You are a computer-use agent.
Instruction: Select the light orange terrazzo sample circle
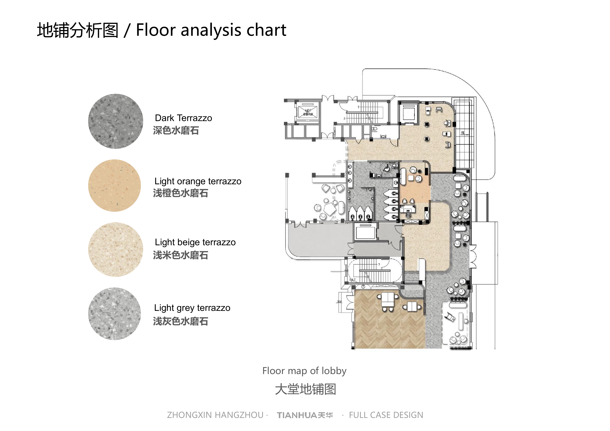coord(115,185)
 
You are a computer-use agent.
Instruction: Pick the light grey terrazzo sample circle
coord(115,314)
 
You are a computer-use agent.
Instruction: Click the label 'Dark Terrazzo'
coord(183,118)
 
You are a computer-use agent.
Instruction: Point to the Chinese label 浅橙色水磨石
coord(180,193)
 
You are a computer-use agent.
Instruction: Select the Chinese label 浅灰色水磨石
coord(180,321)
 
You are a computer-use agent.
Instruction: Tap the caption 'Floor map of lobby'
coord(304,371)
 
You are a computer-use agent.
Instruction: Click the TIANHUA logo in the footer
coord(305,415)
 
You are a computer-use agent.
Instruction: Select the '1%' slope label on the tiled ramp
coord(462,133)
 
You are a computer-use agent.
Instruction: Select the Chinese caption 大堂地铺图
coord(305,389)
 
